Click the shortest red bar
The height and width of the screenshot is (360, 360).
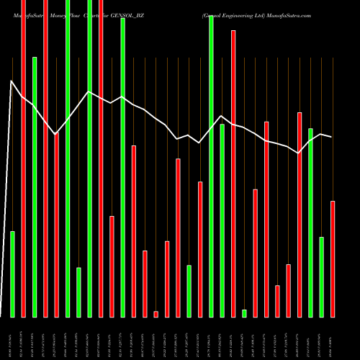click(156, 314)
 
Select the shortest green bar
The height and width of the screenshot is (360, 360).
click(244, 313)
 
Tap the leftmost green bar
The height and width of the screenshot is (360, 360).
click(12, 274)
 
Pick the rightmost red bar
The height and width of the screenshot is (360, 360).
click(333, 258)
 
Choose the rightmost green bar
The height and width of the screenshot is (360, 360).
click(322, 276)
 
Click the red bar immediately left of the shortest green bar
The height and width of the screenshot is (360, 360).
click(233, 173)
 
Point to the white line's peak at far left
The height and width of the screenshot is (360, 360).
click(12, 81)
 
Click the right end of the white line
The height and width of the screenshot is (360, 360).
click(332, 137)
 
